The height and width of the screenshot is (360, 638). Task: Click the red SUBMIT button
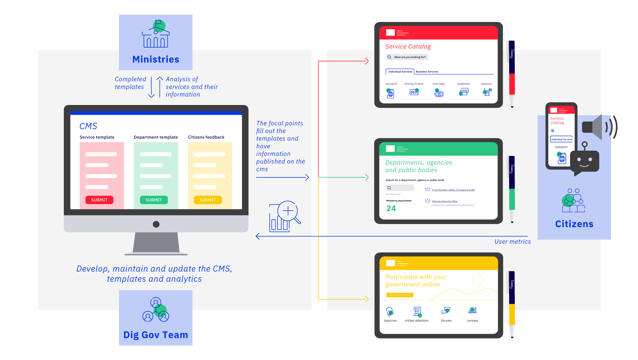[x=99, y=200]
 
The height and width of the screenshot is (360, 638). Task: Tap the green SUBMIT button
[x=154, y=200]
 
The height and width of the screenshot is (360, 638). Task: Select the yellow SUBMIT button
[x=208, y=200]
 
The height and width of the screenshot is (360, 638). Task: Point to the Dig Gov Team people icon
[x=156, y=310]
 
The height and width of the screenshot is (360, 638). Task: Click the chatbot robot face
[x=584, y=161]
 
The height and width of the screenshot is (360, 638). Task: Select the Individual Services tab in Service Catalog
[x=400, y=71]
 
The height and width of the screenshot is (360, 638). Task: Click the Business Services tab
[x=427, y=71]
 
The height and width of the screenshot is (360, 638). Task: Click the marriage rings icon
[x=439, y=93]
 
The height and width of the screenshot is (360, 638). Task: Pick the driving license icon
[x=414, y=92]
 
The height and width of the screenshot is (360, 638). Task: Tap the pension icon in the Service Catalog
[x=487, y=92]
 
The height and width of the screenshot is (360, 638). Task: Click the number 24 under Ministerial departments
[x=391, y=208]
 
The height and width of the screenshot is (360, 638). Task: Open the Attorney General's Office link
[x=445, y=201]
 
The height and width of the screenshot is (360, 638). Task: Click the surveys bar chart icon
[x=472, y=310]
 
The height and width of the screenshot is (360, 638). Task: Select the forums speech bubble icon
[x=446, y=311]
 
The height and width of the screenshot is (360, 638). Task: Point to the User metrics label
[x=513, y=242]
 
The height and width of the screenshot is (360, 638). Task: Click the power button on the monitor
[x=156, y=224]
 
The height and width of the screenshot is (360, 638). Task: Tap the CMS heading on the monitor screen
[x=88, y=126]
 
